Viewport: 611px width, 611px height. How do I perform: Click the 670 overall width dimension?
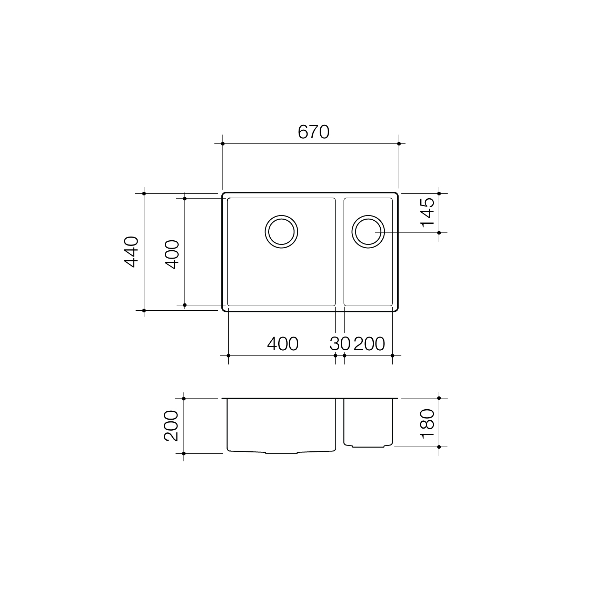click(x=313, y=132)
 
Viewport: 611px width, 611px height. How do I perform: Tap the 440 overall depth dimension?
click(x=131, y=252)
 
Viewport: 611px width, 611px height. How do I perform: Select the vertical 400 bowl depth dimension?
click(x=172, y=254)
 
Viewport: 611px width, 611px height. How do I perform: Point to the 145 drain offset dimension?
click(x=428, y=212)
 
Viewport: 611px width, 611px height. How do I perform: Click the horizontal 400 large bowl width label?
click(x=283, y=344)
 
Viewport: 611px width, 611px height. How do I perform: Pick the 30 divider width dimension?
click(x=340, y=344)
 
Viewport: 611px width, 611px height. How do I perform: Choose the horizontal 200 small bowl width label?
click(x=369, y=344)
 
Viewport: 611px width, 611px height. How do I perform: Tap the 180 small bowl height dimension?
click(x=428, y=424)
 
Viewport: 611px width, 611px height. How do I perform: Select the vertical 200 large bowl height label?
click(x=171, y=426)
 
